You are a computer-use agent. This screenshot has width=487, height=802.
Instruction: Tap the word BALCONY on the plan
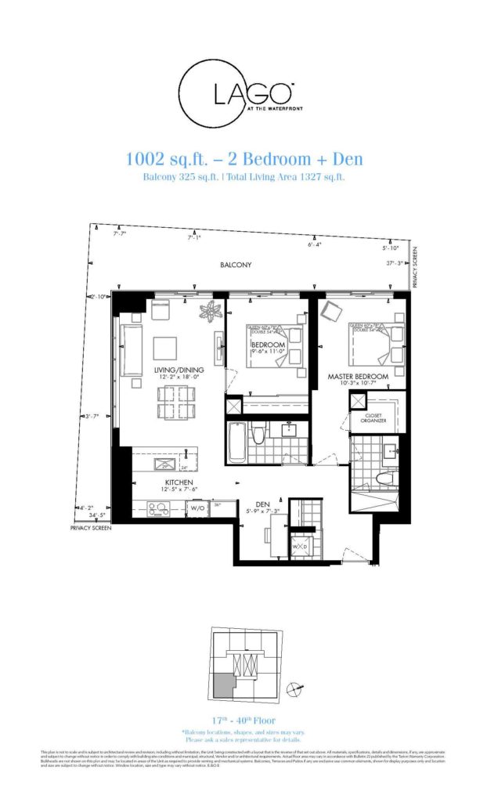[236, 266]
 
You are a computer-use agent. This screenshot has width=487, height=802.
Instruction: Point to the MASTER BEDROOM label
[358, 378]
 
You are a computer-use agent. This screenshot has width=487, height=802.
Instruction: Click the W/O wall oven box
[197, 508]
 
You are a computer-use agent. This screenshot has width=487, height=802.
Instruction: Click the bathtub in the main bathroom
[236, 443]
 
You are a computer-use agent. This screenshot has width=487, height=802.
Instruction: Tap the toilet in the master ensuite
[384, 478]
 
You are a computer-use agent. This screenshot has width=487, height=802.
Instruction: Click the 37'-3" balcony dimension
[395, 263]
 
